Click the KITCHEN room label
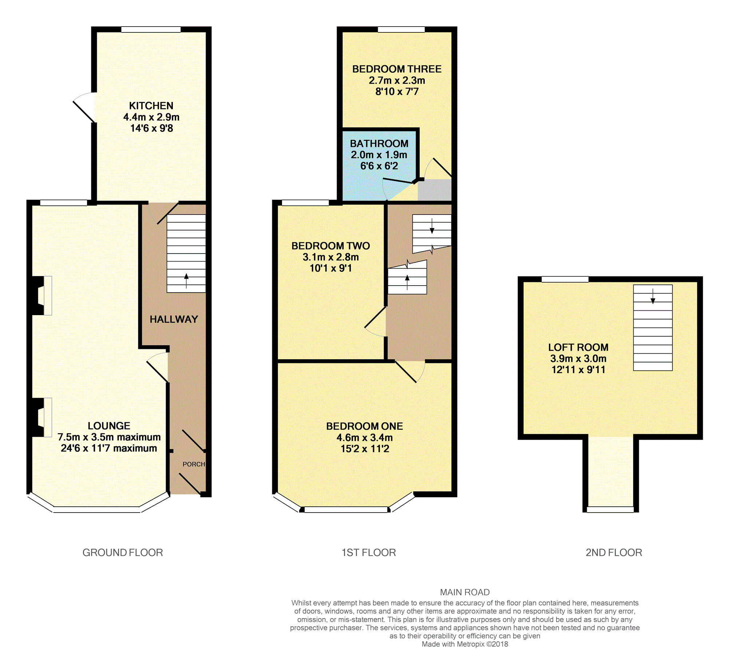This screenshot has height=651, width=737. pyautogui.click(x=151, y=106)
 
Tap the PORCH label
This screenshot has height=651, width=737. pyautogui.click(x=194, y=464)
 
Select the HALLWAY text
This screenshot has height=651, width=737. pyautogui.click(x=174, y=319)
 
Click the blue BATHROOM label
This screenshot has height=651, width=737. pyautogui.click(x=379, y=144)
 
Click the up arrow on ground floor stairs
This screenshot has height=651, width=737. pyautogui.click(x=186, y=281)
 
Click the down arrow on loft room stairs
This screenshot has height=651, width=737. pyautogui.click(x=653, y=297)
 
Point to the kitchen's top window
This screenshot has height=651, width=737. pyautogui.click(x=151, y=30)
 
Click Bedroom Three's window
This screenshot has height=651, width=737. pyautogui.click(x=401, y=30)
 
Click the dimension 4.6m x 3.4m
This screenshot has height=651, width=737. pyautogui.click(x=364, y=438)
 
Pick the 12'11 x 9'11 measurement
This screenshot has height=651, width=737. pyautogui.click(x=578, y=370)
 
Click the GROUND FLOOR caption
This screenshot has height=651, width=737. pyautogui.click(x=123, y=553)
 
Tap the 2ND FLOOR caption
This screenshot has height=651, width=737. pyautogui.click(x=614, y=553)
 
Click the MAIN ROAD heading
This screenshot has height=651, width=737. pyautogui.click(x=464, y=592)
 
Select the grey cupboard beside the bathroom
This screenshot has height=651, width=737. pyautogui.click(x=434, y=190)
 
